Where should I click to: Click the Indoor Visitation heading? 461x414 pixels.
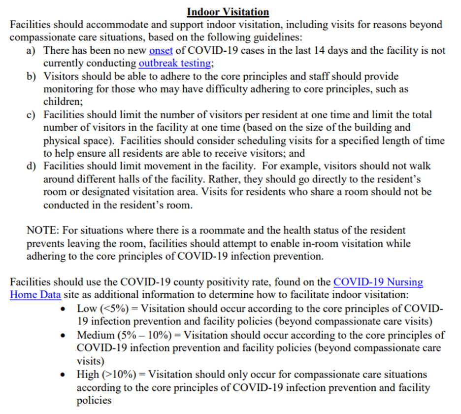click(228, 12)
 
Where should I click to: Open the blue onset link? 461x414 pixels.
click(161, 50)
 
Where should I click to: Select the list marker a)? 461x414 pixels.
click(32, 50)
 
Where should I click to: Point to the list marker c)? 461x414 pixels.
click(32, 115)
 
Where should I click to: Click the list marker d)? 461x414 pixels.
click(32, 166)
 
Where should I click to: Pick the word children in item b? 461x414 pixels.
click(62, 102)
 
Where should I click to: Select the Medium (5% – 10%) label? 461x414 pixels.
click(123, 335)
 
